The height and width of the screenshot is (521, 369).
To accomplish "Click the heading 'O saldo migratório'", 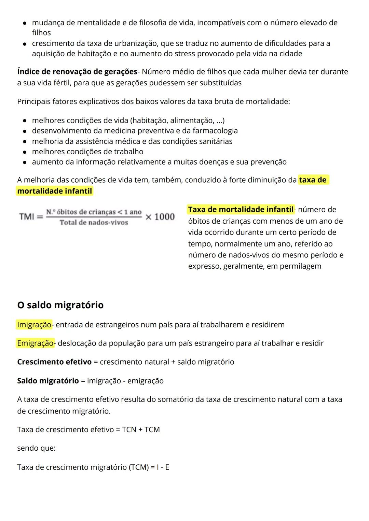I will click(60, 305).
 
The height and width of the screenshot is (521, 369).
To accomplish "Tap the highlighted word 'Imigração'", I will click(34, 325).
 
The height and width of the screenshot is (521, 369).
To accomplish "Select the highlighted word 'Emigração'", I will click(35, 343).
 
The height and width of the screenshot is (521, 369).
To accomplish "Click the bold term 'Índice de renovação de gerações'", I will click(77, 72).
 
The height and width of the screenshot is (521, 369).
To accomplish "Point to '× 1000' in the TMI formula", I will click(160, 217).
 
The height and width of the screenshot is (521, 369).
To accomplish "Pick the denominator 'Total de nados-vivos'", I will click(94, 223).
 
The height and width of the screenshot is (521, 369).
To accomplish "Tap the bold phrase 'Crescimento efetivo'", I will click(54, 362).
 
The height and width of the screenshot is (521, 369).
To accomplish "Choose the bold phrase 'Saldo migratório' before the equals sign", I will click(48, 381).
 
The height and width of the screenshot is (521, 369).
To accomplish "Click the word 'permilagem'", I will click(300, 266).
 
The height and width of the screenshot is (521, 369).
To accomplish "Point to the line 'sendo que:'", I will click(36, 448).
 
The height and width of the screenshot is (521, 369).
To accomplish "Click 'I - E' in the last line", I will click(163, 467).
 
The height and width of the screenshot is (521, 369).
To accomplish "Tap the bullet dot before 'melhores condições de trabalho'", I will click(25, 152).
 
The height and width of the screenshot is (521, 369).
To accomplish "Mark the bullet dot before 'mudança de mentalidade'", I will click(25, 23).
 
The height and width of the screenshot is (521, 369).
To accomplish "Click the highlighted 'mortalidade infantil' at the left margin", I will click(55, 191).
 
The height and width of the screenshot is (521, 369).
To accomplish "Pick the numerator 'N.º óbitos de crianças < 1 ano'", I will click(94, 212).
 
